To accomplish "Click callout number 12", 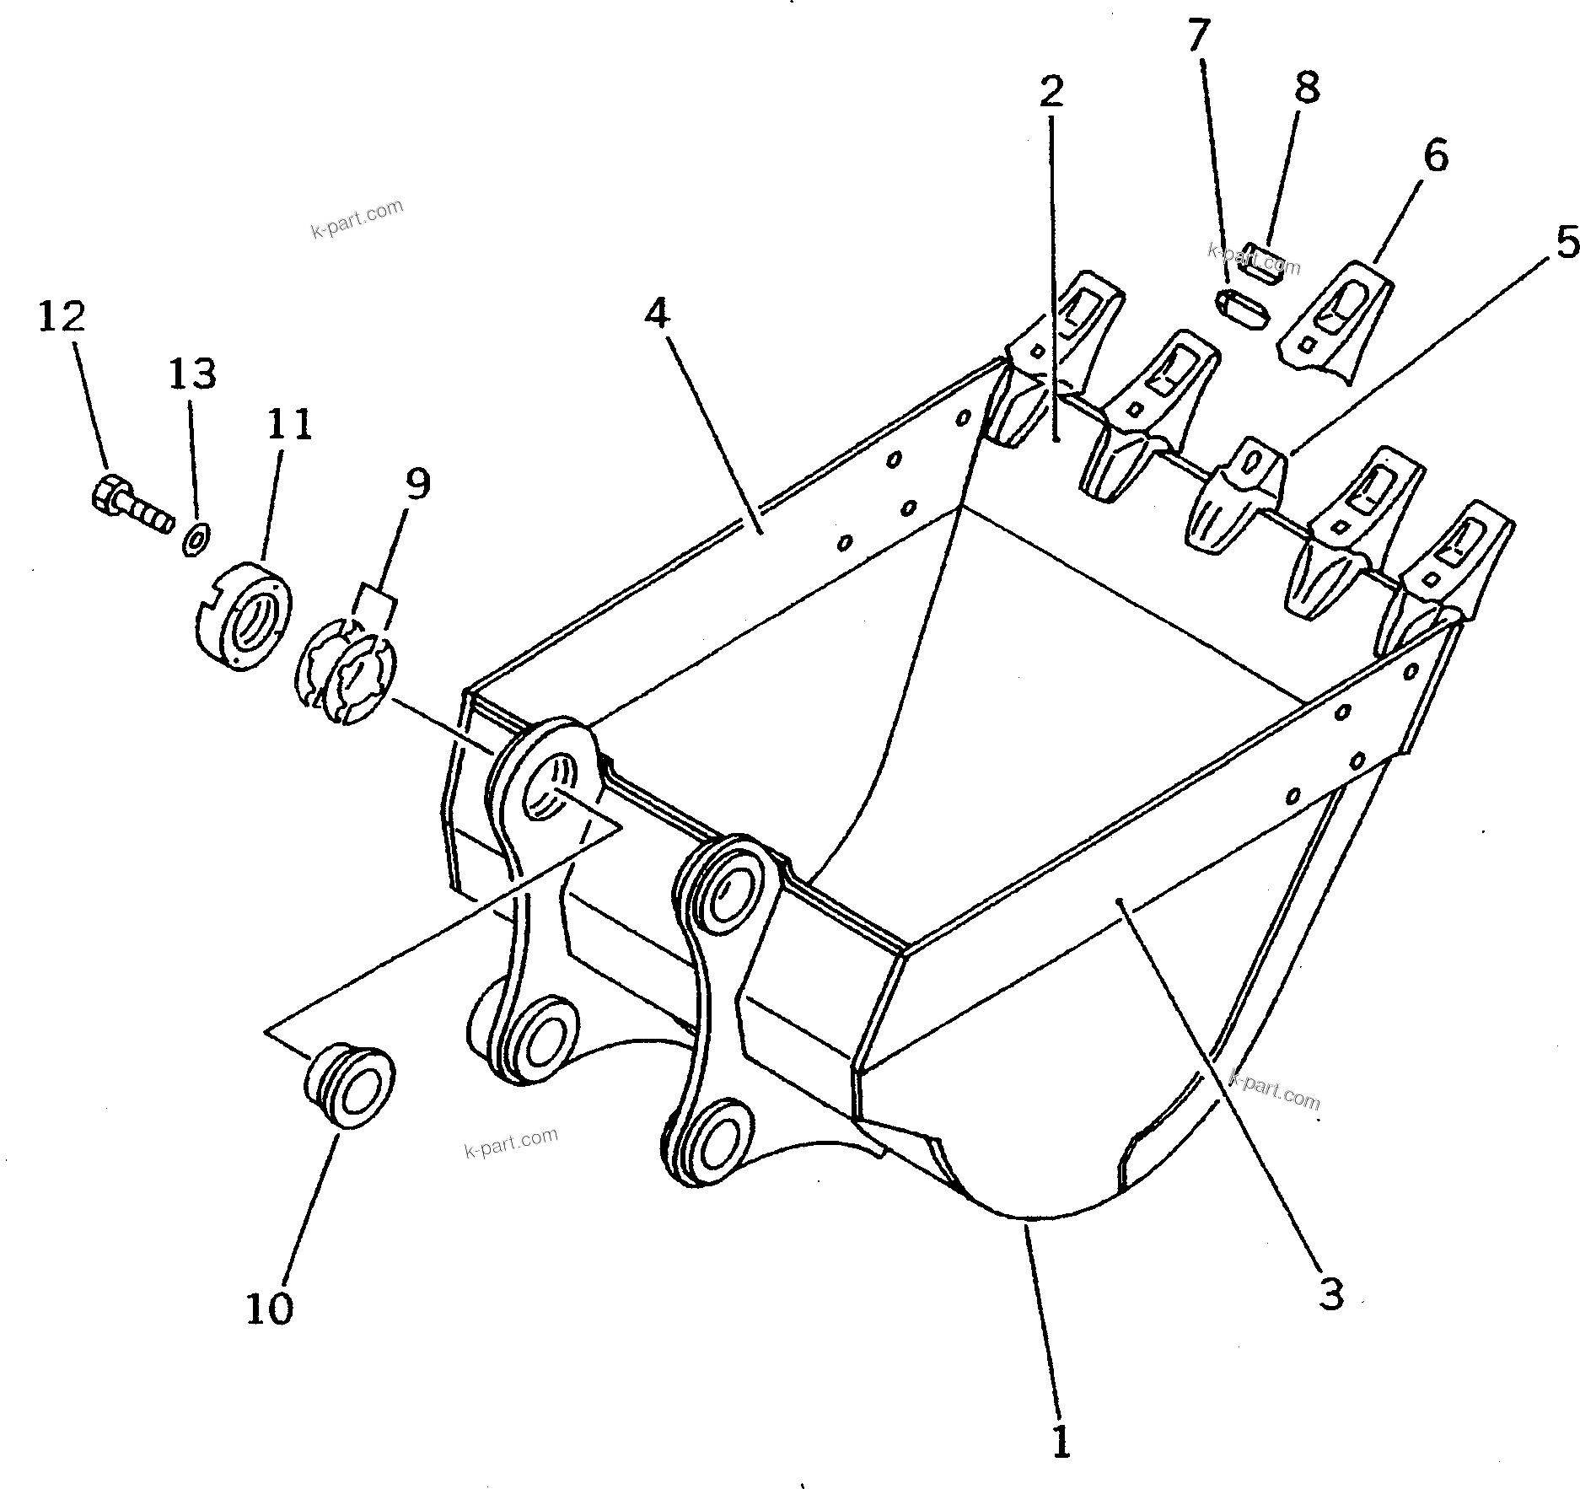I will pyautogui.click(x=62, y=317).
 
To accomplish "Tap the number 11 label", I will pyautogui.click(x=289, y=424).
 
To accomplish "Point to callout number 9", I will pyautogui.click(x=416, y=484).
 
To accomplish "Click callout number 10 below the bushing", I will pyautogui.click(x=269, y=1308).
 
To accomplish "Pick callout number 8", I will pyautogui.click(x=1306, y=87).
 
